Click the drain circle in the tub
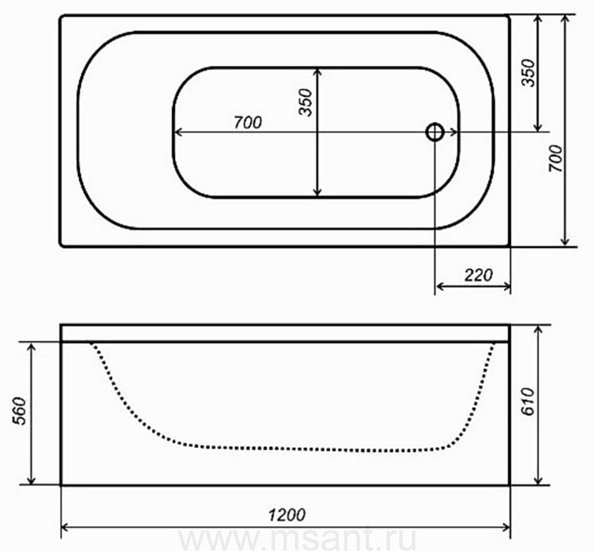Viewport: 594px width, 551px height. [435, 132]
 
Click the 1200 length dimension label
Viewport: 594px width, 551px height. [287, 515]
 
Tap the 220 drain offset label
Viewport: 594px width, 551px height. [478, 275]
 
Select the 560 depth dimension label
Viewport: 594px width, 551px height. [19, 411]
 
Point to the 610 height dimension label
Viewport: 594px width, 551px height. [527, 401]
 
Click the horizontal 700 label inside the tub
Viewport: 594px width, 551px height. [247, 122]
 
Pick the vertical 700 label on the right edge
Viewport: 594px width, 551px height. [556, 158]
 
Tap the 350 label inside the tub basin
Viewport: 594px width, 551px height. [306, 101]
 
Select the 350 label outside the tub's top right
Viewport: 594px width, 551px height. [528, 73]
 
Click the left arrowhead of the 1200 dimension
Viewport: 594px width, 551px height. [65, 527]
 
